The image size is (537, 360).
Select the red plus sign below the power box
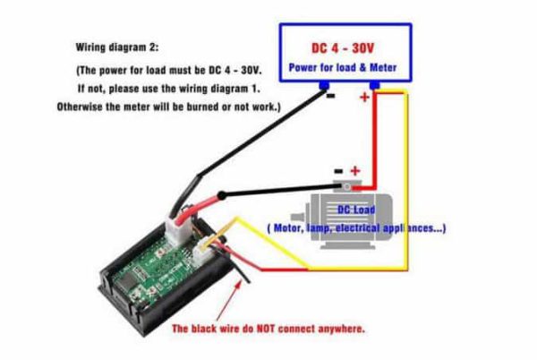point(364,98)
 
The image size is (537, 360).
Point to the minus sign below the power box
point(330,97)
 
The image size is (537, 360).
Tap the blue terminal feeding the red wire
point(373,85)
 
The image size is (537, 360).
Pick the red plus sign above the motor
point(354,170)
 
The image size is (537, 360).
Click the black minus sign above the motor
point(337,170)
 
